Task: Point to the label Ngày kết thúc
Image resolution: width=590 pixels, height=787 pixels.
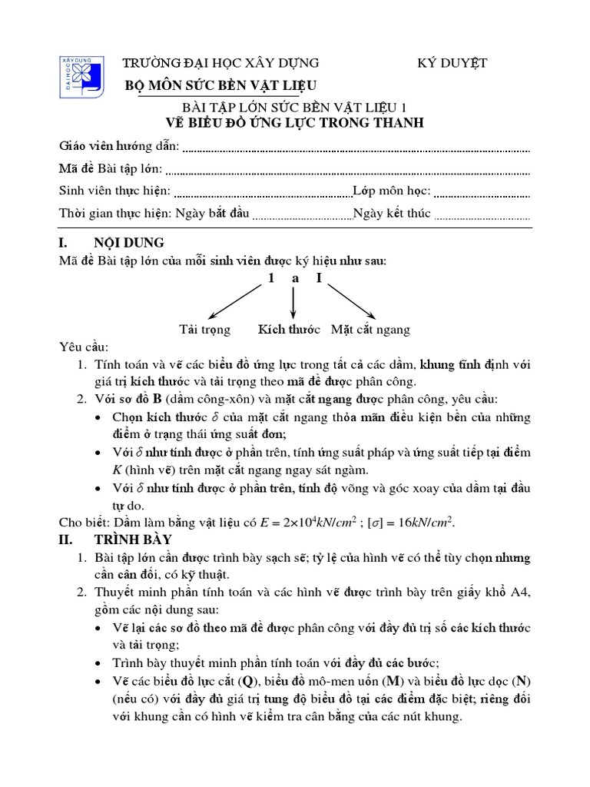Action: pyautogui.click(x=391, y=214)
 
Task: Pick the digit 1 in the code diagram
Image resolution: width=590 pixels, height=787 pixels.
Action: pyautogui.click(x=270, y=278)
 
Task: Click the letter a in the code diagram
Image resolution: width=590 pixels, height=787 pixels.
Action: pyautogui.click(x=294, y=278)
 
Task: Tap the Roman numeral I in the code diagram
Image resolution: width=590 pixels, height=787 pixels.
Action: pyautogui.click(x=319, y=278)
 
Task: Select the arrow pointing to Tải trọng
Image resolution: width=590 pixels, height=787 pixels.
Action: pyautogui.click(x=234, y=301)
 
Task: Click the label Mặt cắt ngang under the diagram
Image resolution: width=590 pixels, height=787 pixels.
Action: pyautogui.click(x=370, y=330)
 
